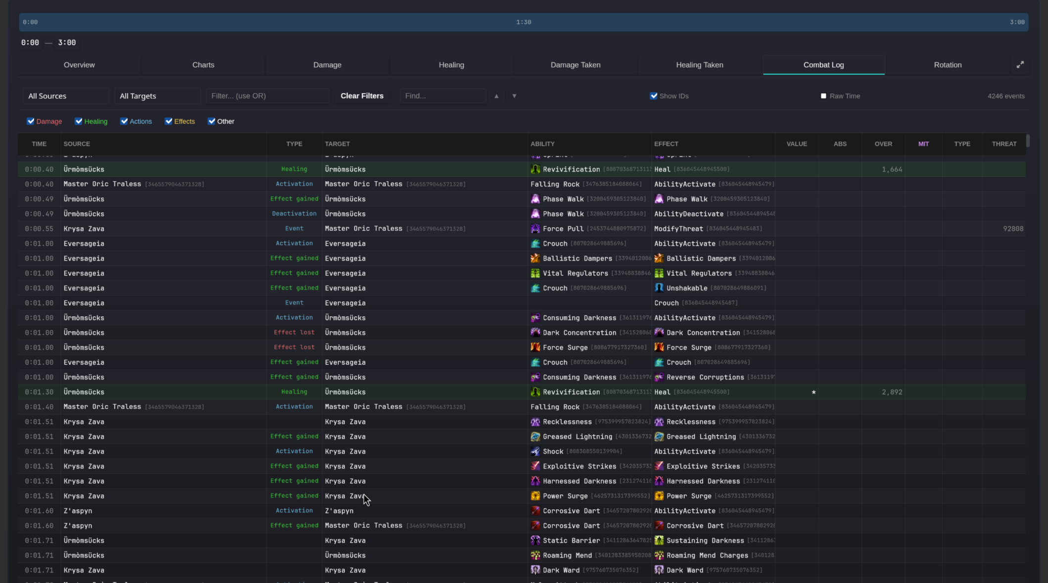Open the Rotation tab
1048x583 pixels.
click(x=947, y=65)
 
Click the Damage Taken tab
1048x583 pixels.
click(x=575, y=65)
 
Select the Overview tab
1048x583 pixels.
click(x=79, y=65)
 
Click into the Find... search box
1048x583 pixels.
click(x=442, y=96)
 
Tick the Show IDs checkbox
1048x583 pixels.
click(x=654, y=96)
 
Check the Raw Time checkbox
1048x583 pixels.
click(x=823, y=96)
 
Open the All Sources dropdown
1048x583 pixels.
click(x=65, y=96)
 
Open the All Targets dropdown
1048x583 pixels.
click(x=157, y=96)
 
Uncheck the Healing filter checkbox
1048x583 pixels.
click(x=79, y=121)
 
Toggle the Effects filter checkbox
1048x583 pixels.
click(x=169, y=121)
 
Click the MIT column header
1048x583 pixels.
click(x=923, y=144)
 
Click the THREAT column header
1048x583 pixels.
click(x=1003, y=144)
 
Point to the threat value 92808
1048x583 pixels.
click(x=1013, y=229)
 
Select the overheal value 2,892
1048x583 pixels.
click(x=892, y=392)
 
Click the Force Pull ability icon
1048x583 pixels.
click(x=535, y=229)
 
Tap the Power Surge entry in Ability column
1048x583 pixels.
click(x=565, y=496)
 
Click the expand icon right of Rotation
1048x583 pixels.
click(x=1020, y=65)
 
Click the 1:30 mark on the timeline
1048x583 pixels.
click(x=524, y=22)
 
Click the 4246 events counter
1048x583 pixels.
click(x=1005, y=96)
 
